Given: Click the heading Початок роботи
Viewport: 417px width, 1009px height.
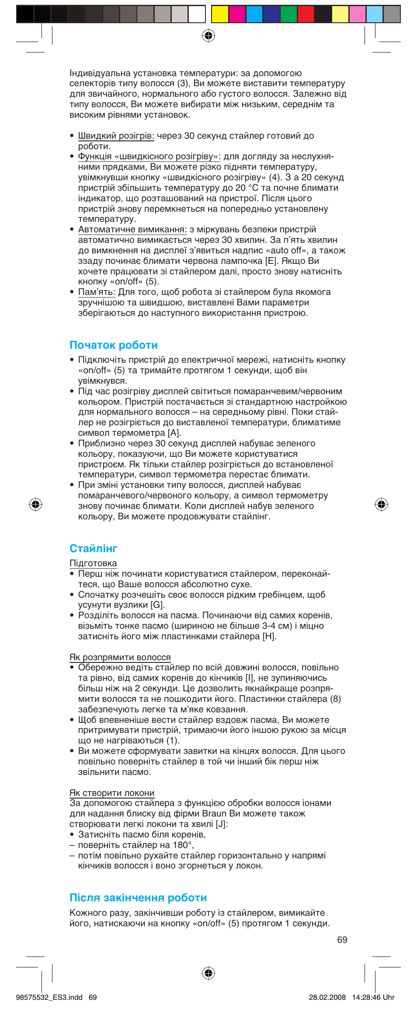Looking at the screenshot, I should [114, 345].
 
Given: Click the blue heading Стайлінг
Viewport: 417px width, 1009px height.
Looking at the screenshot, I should [94, 548].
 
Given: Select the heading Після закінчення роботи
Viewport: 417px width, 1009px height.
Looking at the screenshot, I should [138, 897].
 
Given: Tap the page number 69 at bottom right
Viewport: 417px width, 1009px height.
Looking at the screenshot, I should [342, 939].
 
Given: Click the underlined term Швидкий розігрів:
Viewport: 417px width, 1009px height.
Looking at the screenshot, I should [116, 136].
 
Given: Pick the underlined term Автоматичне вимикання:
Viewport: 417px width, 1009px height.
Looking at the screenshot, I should [132, 229].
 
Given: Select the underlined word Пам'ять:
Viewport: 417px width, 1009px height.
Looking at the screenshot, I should [97, 292].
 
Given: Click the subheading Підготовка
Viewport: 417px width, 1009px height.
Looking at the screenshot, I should [93, 563].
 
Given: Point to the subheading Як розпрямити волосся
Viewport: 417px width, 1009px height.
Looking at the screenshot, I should [120, 657].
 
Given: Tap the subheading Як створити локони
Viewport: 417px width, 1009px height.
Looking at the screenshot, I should [112, 793].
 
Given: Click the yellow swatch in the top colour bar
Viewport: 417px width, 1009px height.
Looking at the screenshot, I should [220, 14].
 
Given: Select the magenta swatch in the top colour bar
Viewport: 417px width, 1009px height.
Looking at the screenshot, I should [237, 14].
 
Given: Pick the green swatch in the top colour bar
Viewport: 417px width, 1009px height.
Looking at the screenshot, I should [288, 14].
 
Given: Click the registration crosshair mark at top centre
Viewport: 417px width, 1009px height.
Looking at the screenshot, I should [208, 35].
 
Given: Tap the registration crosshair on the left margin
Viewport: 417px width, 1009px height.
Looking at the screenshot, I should [35, 504].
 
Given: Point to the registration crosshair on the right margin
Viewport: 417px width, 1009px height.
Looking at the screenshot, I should [381, 504].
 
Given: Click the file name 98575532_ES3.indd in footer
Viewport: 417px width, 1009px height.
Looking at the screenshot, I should [49, 997].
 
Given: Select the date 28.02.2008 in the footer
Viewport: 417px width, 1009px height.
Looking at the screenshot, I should [327, 997].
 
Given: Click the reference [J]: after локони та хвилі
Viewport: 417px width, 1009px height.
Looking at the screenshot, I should [222, 824].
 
